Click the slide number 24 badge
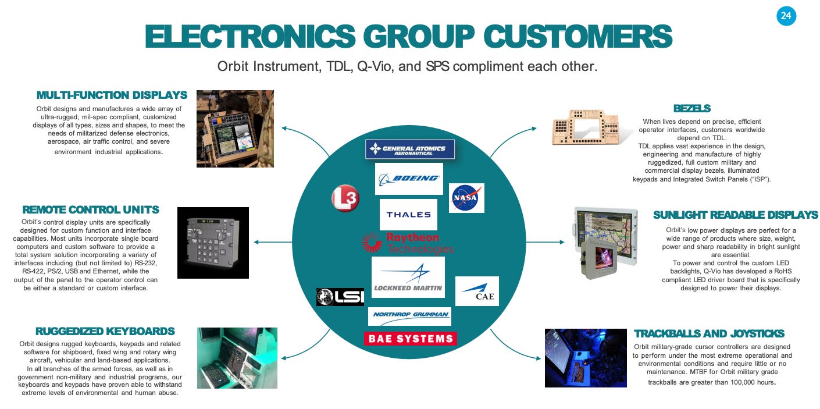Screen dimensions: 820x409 pos(786,16)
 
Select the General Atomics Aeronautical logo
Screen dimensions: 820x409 pos(409,149)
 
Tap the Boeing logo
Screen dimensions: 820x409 pos(409,179)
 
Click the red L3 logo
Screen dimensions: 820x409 pos(345,199)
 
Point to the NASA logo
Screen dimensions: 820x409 pos(466,198)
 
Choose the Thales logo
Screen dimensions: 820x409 pos(408,214)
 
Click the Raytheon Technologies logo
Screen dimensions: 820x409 pos(408,243)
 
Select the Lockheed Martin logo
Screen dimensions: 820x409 pos(408,277)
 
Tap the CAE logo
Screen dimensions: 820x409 pos(477,291)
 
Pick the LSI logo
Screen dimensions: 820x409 pos(340,297)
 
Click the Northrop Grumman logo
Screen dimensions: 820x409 pos(409,316)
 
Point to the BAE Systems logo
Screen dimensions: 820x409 pos(410,339)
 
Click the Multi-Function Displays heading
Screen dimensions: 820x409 pos(112,95)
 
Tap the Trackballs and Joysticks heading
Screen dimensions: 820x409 pos(709,333)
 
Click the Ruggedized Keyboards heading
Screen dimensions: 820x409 pos(105,331)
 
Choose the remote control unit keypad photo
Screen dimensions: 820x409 pos(213,243)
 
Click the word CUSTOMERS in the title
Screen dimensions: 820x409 pos(578,36)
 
